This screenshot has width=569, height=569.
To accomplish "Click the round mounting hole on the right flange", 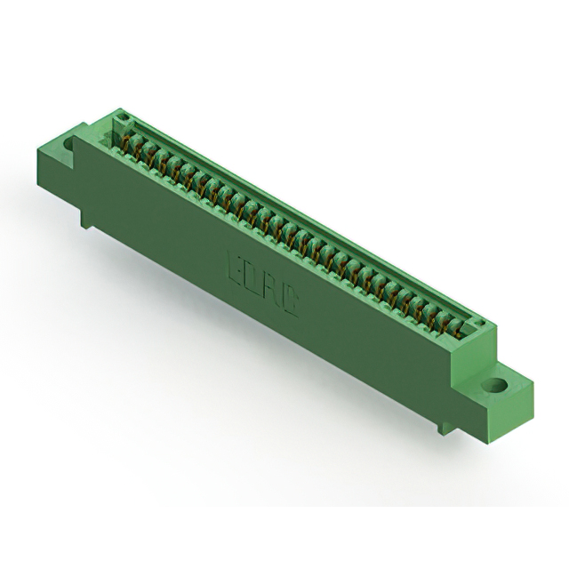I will point(494,387).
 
